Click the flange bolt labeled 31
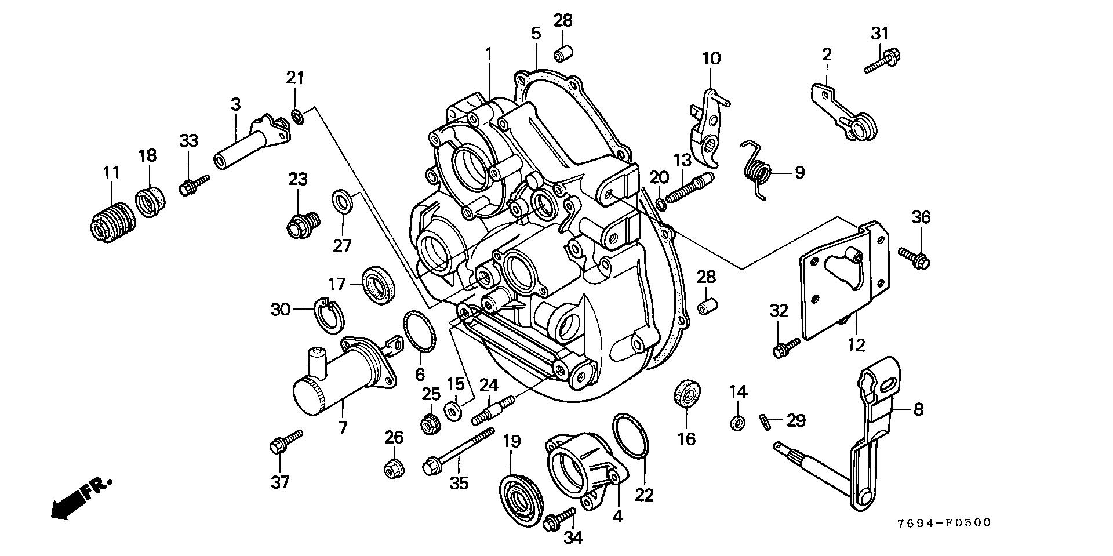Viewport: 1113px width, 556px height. (x=883, y=62)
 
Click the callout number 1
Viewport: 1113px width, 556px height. (x=488, y=54)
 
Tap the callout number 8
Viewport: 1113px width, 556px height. (x=918, y=409)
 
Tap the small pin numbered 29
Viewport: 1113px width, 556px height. (x=765, y=421)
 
